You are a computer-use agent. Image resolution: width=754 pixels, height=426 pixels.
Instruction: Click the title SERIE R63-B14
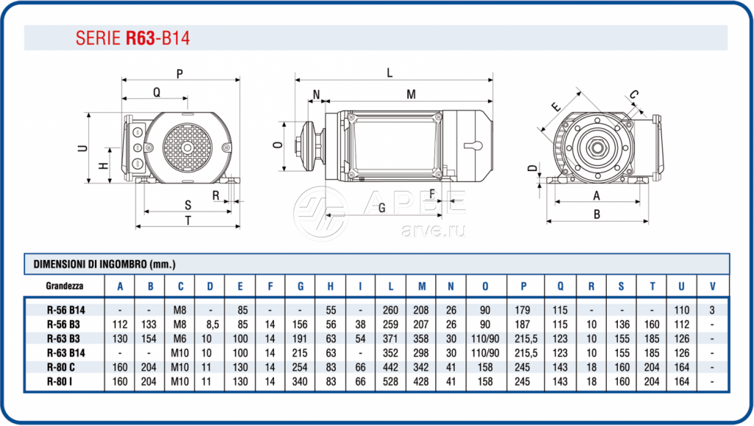[133, 38]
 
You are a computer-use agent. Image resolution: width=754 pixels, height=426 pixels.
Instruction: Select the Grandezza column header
[64, 285]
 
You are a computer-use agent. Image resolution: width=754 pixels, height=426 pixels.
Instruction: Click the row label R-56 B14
[66, 310]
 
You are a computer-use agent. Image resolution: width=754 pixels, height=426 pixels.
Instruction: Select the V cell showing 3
[711, 310]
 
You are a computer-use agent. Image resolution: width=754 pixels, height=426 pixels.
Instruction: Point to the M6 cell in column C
[180, 338]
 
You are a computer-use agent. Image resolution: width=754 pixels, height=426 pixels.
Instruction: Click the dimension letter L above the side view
[390, 72]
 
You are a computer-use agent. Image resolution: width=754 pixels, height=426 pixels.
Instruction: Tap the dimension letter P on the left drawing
[180, 73]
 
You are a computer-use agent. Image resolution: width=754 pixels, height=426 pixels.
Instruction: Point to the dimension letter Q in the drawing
[157, 92]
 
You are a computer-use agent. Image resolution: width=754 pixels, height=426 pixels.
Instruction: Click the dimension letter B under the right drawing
[597, 214]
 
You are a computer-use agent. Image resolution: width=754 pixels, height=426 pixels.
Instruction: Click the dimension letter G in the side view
[381, 208]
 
